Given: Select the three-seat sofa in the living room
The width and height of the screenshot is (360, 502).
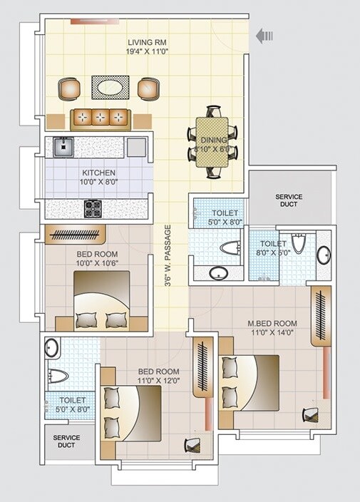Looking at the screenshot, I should click(100, 117).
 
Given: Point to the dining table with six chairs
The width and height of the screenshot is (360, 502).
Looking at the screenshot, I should click(213, 141).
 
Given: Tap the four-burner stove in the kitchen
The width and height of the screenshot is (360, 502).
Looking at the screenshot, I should click(93, 209).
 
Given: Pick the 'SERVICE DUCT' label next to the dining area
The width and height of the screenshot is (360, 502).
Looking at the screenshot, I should click(289, 201).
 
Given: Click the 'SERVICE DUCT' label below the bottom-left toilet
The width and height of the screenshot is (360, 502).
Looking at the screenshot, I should click(66, 442).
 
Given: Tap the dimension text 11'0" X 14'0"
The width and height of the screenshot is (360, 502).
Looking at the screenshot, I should click(272, 334).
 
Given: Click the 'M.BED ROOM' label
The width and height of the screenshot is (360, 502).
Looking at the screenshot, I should click(272, 324).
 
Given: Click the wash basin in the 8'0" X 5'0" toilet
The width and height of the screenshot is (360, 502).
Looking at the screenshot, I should click(324, 255).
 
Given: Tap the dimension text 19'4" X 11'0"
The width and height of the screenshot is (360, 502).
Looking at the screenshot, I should click(148, 52).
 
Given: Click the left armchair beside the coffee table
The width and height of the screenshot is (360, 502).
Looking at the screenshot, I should click(70, 88).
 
